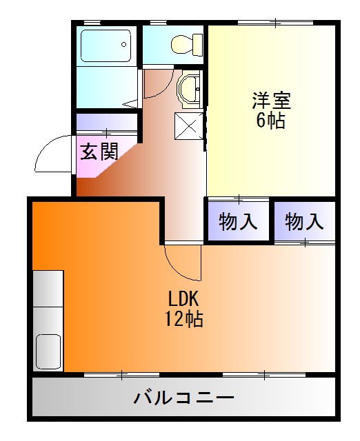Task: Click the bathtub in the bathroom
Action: (x=106, y=46)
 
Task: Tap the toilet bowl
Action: (x=181, y=45)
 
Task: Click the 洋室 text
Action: (x=271, y=101)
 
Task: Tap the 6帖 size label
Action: (x=271, y=121)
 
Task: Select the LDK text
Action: (x=183, y=299)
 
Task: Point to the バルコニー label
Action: (x=183, y=398)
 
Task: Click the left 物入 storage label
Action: (x=239, y=222)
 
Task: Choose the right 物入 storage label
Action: (x=304, y=222)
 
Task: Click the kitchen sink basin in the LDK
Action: (x=48, y=352)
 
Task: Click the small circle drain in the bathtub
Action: (x=125, y=45)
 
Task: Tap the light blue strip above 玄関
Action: (x=107, y=122)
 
